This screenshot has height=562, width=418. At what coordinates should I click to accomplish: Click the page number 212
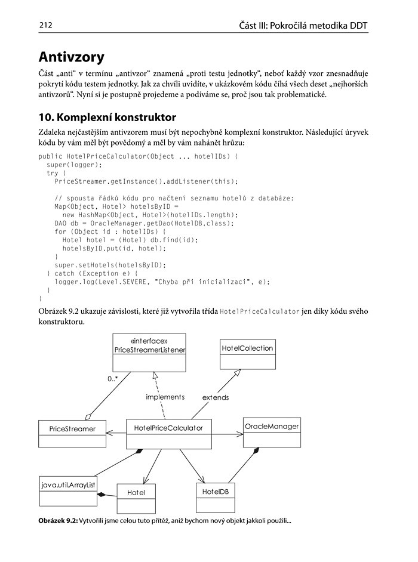click(46, 25)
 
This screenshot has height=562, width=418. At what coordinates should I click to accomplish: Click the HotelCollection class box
click(247, 354)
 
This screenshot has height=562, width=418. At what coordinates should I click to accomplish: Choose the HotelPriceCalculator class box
click(169, 434)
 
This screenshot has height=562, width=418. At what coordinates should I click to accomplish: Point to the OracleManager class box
click(272, 433)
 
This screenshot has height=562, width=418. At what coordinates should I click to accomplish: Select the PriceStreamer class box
click(72, 434)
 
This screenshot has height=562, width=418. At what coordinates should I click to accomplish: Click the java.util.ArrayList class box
click(67, 490)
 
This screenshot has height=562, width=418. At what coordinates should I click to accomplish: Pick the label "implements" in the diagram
click(165, 397)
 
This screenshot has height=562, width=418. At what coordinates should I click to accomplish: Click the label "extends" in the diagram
click(216, 397)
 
